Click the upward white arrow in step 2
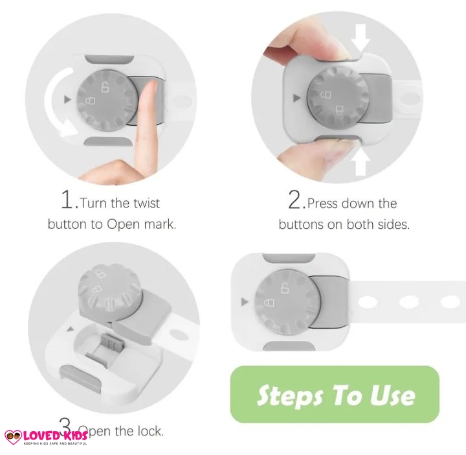[361, 160]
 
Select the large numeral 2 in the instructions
[296, 200]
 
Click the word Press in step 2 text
[323, 204]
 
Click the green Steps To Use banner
[335, 395]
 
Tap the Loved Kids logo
[45, 436]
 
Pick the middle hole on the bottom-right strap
[409, 302]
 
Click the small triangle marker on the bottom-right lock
[245, 301]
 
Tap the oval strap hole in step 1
[182, 101]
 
